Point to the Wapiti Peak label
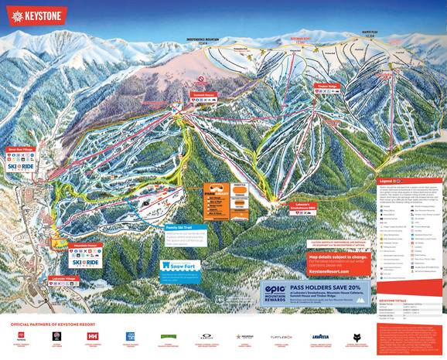[368, 34]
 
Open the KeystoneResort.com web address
[329, 272]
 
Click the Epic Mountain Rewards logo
[276, 294]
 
